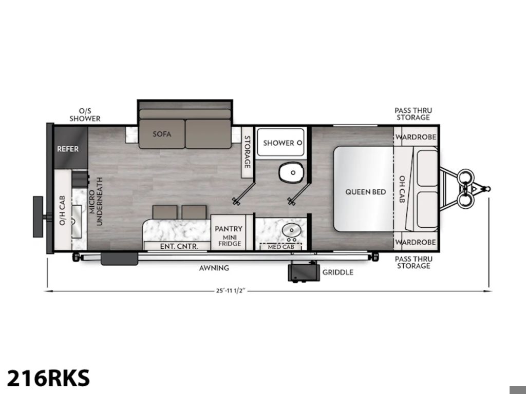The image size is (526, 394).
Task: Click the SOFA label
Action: click(x=162, y=134)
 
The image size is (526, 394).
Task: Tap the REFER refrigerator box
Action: click(x=71, y=148)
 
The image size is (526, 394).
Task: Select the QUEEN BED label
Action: click(x=366, y=192)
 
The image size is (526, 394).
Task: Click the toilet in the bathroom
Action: click(x=292, y=172)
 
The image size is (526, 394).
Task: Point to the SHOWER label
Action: click(x=278, y=143)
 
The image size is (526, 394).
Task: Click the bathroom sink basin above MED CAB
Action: click(x=292, y=230)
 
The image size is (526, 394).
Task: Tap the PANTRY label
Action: click(x=229, y=229)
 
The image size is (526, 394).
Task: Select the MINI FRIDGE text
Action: click(x=230, y=241)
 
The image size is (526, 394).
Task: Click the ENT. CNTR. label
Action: click(x=179, y=246)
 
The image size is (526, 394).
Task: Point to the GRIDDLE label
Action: click(x=338, y=272)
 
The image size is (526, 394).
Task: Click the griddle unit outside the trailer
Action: click(x=304, y=272)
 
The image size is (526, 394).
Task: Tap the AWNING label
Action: click(x=214, y=268)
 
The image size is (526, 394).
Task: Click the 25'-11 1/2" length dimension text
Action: click(x=231, y=291)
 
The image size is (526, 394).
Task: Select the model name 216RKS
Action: click(x=48, y=378)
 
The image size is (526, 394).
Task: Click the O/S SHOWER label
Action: click(x=85, y=114)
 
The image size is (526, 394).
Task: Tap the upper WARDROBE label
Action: click(x=416, y=137)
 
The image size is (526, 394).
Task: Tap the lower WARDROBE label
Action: click(x=416, y=242)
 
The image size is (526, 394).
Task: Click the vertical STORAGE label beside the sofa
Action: click(x=247, y=152)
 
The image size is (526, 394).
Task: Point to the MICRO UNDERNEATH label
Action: click(x=96, y=201)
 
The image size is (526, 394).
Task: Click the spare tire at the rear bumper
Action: click(x=38, y=217)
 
